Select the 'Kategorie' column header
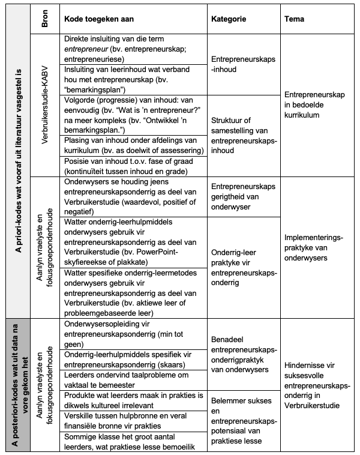229,19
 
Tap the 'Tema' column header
295,19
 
